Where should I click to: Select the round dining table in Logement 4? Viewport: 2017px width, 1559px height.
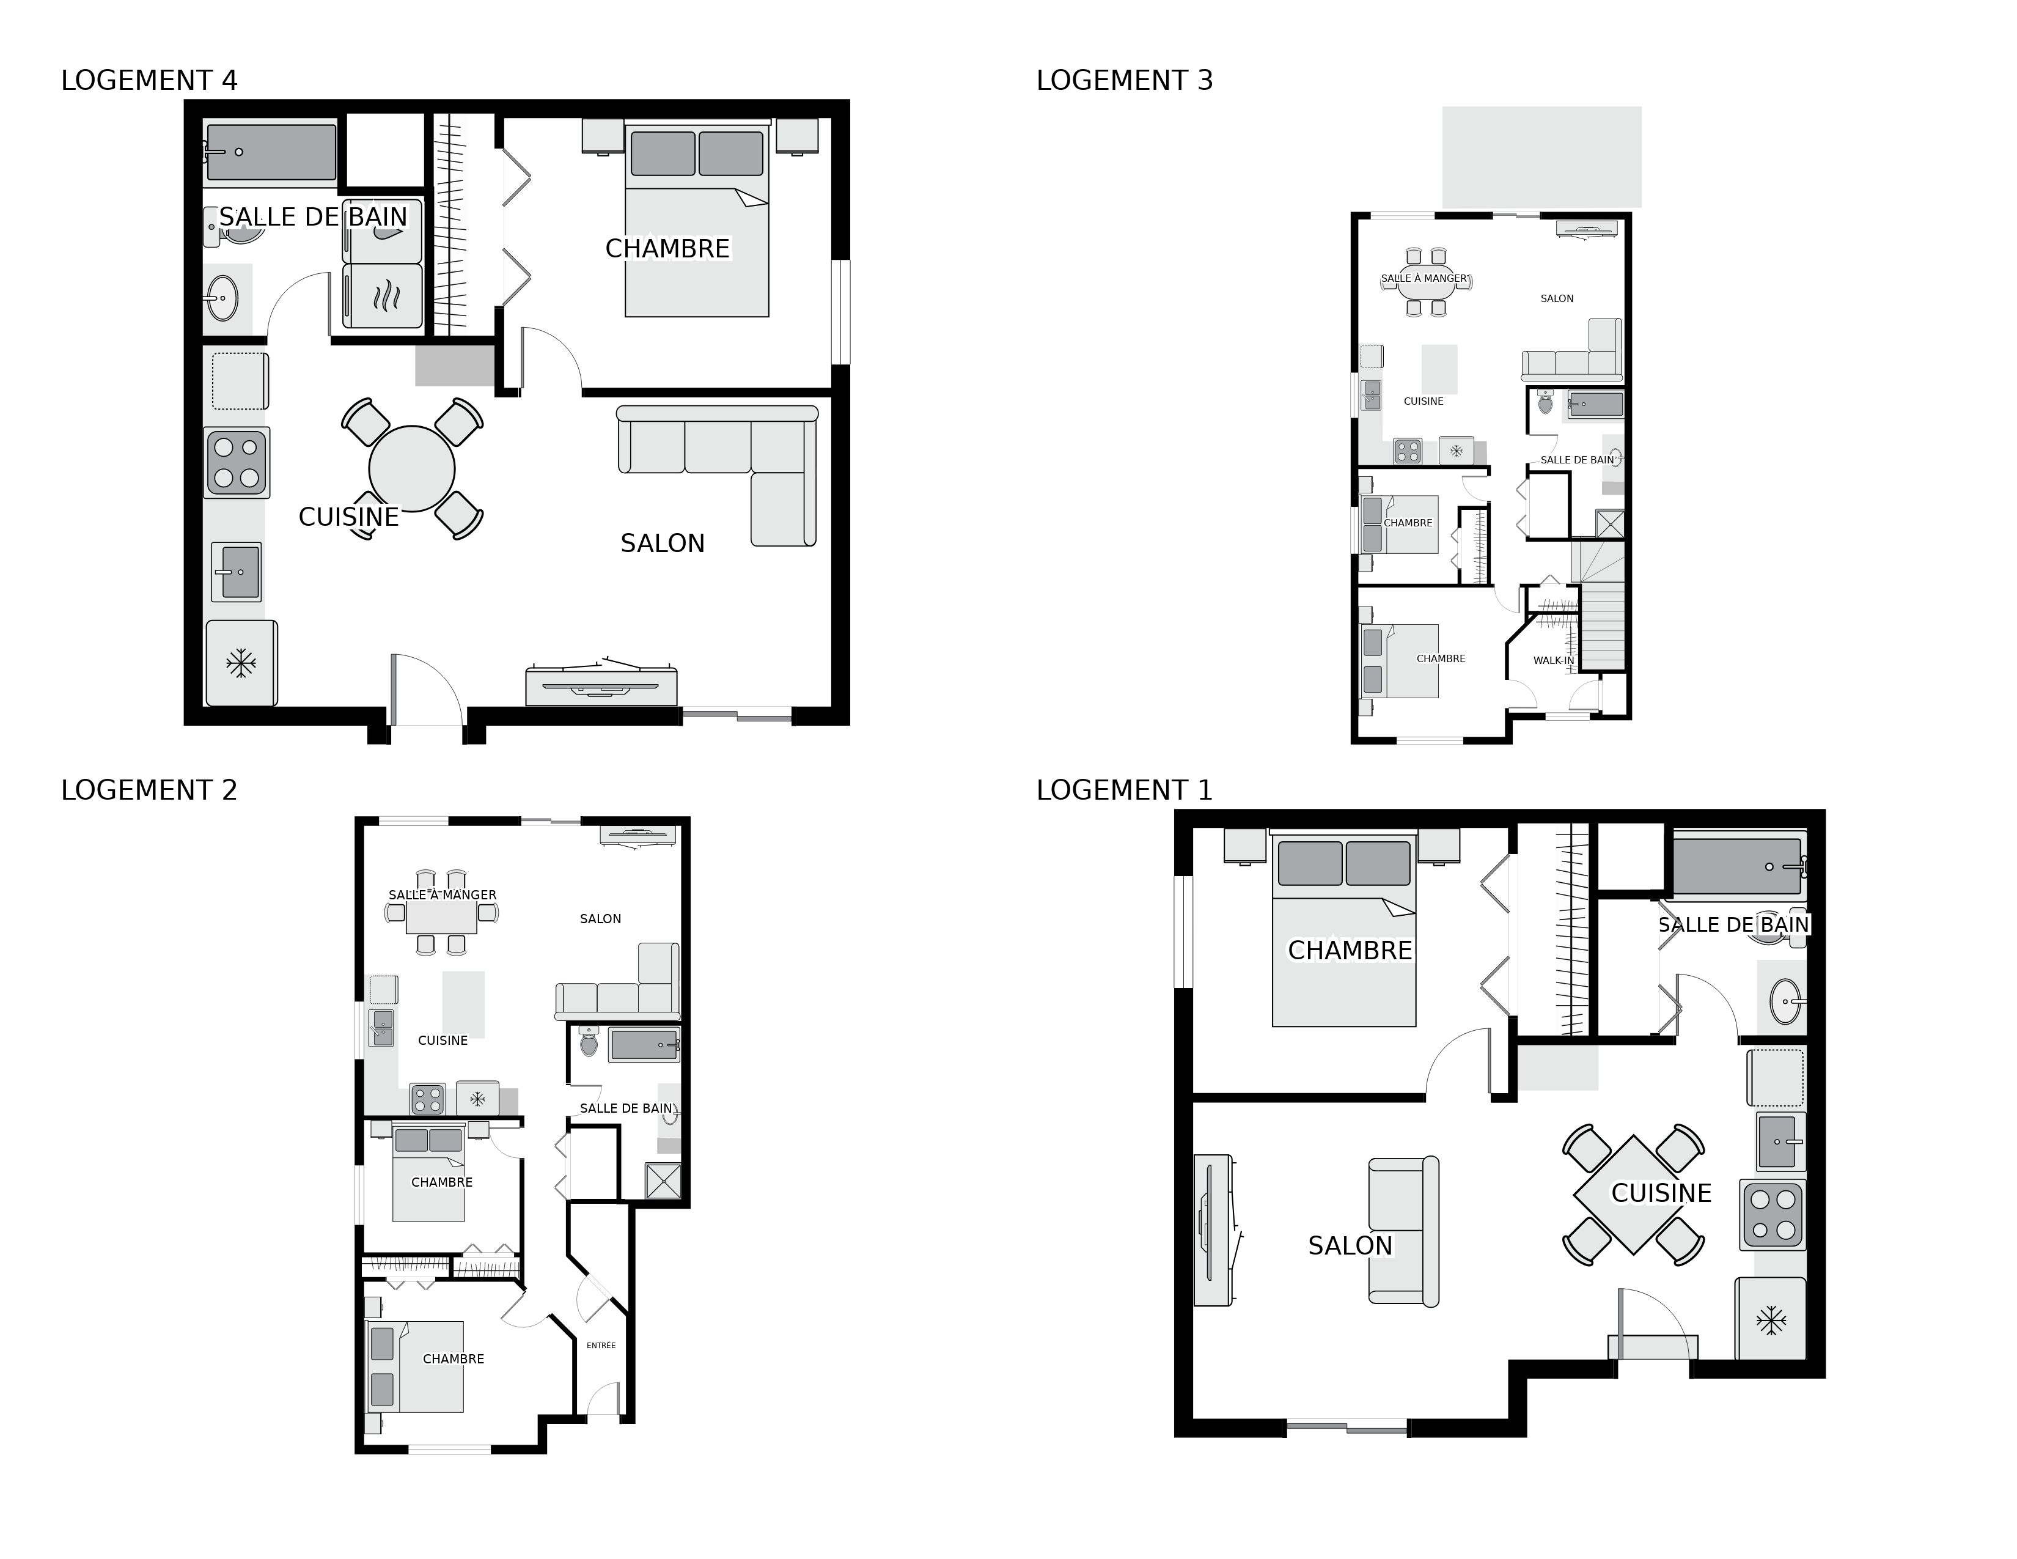[x=412, y=468]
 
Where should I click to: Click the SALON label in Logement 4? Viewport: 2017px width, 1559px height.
[x=662, y=543]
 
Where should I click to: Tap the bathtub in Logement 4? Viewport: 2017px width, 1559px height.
[x=271, y=152]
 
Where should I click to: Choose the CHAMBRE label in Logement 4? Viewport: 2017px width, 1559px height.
[x=667, y=248]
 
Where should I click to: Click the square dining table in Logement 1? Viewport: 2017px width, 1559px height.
[x=1633, y=1194]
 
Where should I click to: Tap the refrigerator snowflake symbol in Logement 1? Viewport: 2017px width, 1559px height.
[x=1771, y=1320]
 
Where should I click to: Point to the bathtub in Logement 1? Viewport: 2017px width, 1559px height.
[x=1736, y=866]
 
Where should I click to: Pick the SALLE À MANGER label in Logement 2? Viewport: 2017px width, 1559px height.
[x=443, y=895]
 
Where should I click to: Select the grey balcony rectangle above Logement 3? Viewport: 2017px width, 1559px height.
[x=1541, y=156]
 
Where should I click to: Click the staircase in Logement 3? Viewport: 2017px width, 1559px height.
[x=1603, y=610]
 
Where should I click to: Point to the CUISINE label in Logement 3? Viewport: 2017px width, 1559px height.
[x=1423, y=401]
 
